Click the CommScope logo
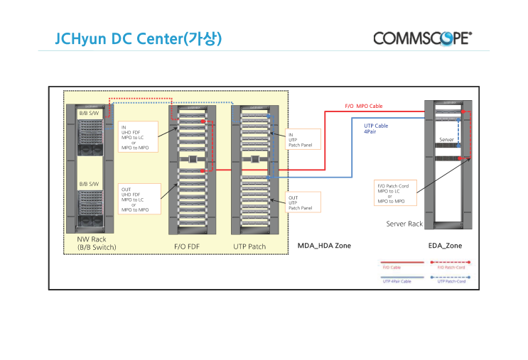422,38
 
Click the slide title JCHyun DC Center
139,38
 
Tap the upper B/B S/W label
89,114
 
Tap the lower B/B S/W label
89,183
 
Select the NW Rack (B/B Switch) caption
97,244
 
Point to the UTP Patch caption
249,246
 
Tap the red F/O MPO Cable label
364,106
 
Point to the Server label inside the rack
446,140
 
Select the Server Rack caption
404,224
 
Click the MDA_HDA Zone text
324,246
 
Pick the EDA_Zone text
445,246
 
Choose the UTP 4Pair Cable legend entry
397,282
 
